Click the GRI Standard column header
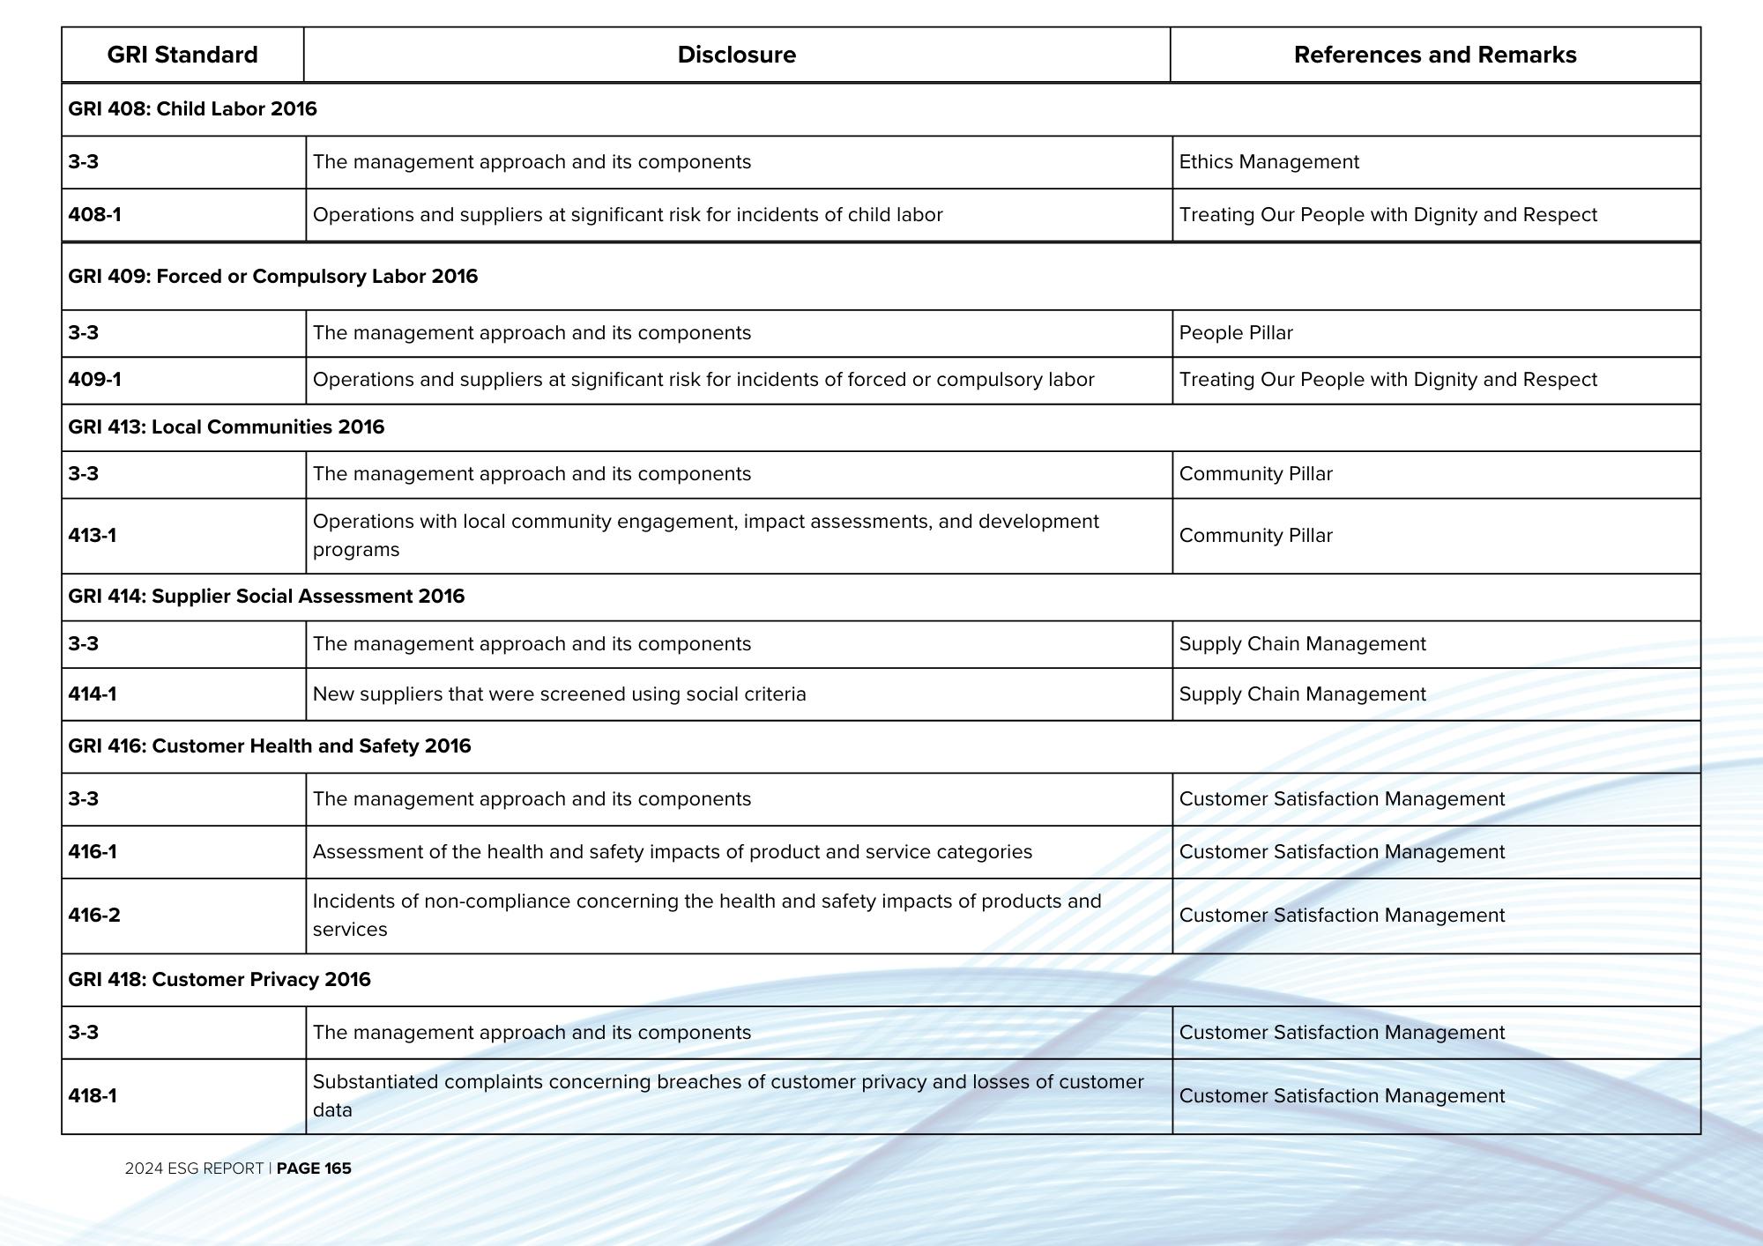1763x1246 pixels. tap(182, 55)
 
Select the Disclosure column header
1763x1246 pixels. tap(736, 55)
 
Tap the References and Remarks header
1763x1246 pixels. tap(1434, 55)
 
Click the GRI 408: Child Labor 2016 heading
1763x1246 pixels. tap(192, 109)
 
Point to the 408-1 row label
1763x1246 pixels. tap(94, 215)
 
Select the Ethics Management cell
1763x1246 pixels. tap(1268, 162)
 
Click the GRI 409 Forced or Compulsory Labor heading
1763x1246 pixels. tap(272, 277)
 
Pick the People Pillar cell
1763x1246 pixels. tap(1235, 333)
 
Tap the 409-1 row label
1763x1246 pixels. tap(94, 380)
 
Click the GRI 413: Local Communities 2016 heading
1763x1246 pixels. tap(226, 427)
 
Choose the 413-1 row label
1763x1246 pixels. tap(92, 536)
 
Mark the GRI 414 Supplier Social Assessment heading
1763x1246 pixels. tap(265, 597)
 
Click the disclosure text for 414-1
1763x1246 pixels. tap(559, 694)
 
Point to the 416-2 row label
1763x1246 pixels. tap(93, 916)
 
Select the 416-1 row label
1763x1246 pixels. tap(92, 852)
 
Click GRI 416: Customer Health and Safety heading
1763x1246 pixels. tap(269, 746)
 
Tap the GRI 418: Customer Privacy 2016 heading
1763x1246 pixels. tap(219, 980)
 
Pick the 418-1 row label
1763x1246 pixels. tap(92, 1096)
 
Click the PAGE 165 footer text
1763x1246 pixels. tap(313, 1168)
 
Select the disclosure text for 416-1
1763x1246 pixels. tap(672, 852)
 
